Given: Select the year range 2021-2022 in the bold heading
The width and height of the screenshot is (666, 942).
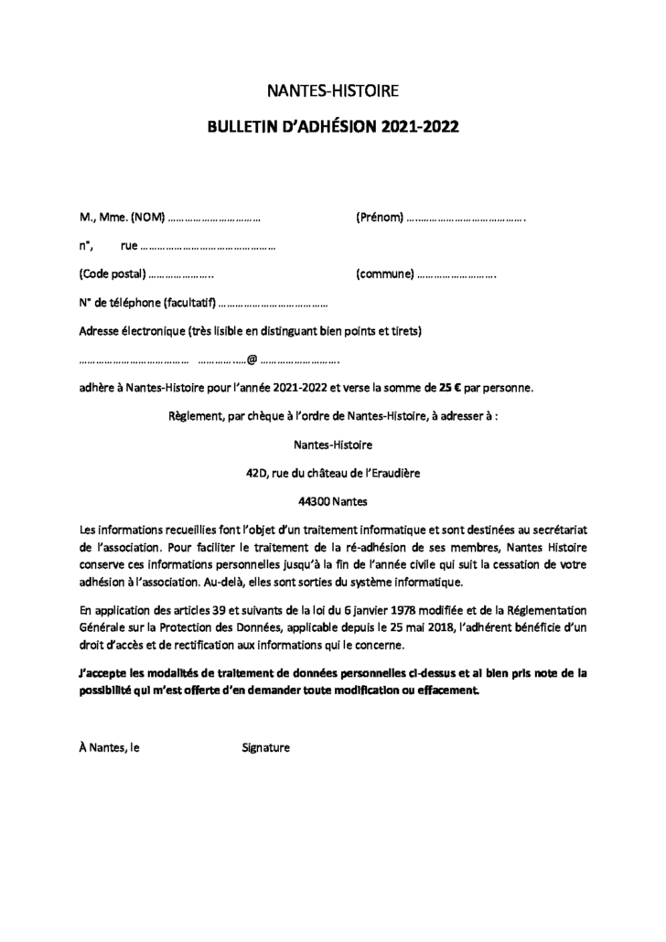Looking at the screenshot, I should click(x=420, y=128).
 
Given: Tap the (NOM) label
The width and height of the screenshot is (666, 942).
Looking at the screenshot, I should click(x=147, y=218).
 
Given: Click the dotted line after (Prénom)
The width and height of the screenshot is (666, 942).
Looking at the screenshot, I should click(x=466, y=219).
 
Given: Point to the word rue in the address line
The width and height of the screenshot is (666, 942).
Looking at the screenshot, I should click(x=128, y=246).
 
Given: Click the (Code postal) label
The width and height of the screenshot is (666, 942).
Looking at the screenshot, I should click(x=113, y=273).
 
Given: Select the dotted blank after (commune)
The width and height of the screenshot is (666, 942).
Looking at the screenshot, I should click(x=457, y=274).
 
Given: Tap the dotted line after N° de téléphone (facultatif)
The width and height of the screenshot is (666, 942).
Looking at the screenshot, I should click(x=274, y=303).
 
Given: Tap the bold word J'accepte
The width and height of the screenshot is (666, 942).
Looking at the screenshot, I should click(x=104, y=672).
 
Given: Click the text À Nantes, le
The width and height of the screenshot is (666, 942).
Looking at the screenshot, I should click(x=110, y=747).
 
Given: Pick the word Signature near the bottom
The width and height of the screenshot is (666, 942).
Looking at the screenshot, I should click(x=265, y=747).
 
